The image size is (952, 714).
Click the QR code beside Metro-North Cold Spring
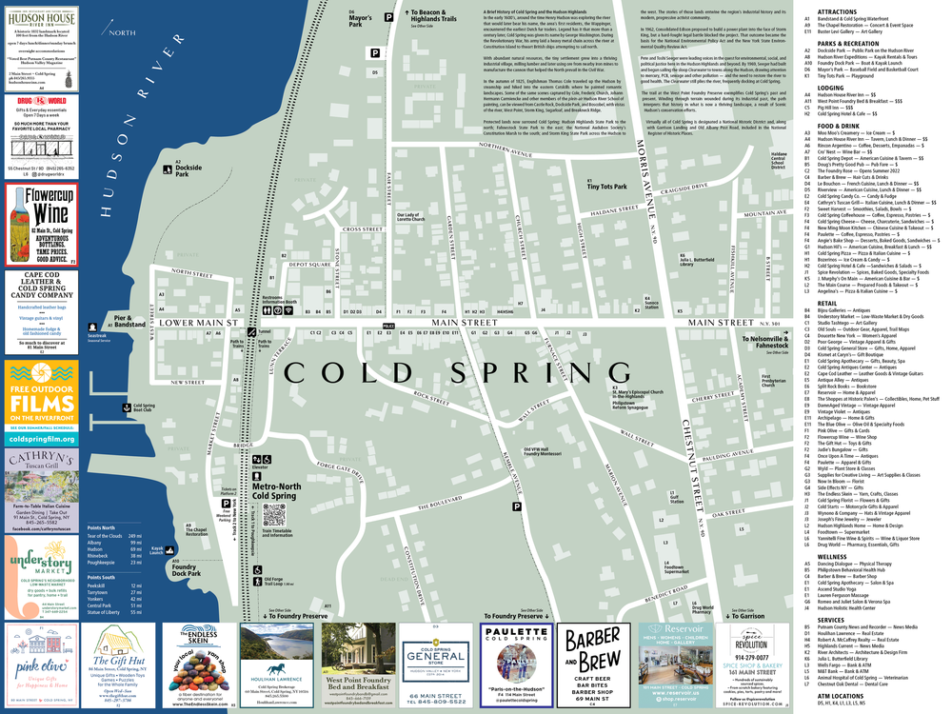274,515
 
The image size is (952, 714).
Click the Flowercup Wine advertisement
41,225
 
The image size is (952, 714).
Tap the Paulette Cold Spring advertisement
515,664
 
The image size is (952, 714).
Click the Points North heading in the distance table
103,527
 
